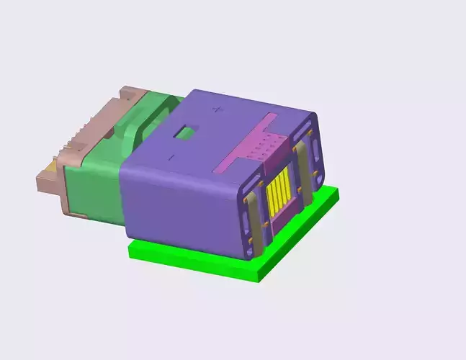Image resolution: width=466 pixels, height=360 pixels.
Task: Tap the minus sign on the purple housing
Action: click(x=171, y=156)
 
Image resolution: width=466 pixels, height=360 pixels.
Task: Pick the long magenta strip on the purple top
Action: click(x=245, y=142)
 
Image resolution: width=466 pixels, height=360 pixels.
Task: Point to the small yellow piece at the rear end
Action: click(x=48, y=168)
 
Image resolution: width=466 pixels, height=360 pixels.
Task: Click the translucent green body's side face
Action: click(x=90, y=191)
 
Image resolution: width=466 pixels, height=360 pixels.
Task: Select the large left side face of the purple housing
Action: click(x=180, y=205)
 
